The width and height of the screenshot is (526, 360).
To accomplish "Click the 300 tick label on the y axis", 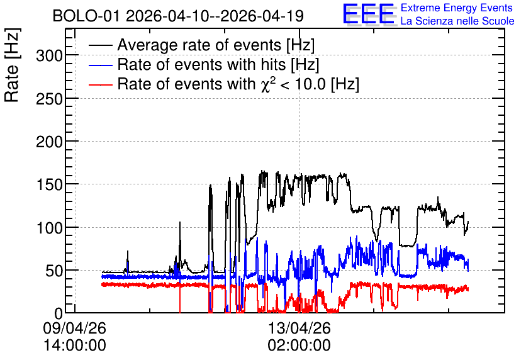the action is tap(49, 55).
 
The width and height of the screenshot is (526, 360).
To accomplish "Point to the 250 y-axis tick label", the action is tap(49, 99).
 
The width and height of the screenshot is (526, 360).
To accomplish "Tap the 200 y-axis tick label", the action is tap(49, 142).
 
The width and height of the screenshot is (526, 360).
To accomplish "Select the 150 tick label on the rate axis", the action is tap(49, 185).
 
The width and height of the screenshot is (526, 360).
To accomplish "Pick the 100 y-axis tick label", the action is tap(49, 228).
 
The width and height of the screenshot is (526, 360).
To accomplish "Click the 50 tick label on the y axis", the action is tap(54, 271).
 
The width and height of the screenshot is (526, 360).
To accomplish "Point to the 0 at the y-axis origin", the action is tap(59, 313).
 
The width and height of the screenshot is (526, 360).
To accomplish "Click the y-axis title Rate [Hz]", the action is tap(12, 65).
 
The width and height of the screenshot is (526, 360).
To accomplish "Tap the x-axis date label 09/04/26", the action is tap(74, 328).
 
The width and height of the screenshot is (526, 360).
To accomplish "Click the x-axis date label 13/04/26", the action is tap(299, 328).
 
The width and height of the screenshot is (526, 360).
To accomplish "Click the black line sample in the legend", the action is tap(100, 45).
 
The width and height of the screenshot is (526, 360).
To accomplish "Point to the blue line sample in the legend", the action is tap(100, 65).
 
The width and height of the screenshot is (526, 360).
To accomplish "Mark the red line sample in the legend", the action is tap(100, 84).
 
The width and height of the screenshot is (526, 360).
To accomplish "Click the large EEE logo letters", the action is tap(368, 14).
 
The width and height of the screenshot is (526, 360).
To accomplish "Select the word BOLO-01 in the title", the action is tap(86, 16).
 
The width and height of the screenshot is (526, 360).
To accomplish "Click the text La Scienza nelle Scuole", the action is tap(457, 21).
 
